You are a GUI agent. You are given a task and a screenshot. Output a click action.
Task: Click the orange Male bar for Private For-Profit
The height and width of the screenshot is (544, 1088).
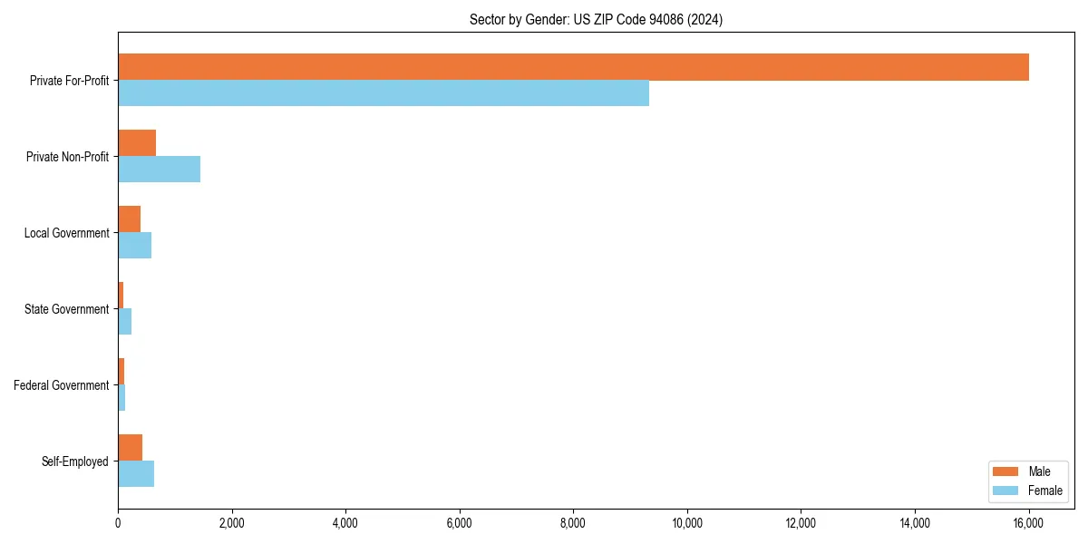click(573, 67)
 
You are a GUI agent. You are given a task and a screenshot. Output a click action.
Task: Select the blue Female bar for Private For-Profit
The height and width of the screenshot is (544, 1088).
click(384, 93)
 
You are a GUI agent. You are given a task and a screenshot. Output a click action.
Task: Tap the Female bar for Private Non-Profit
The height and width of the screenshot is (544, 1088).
click(159, 170)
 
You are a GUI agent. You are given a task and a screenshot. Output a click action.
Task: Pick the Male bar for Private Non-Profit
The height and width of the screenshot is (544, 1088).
click(137, 143)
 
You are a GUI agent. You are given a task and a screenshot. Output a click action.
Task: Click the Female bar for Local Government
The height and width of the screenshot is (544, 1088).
click(134, 246)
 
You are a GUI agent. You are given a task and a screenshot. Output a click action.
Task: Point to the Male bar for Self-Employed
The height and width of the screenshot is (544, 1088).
click(130, 448)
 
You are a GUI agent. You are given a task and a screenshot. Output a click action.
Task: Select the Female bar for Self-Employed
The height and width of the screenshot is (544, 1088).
click(136, 474)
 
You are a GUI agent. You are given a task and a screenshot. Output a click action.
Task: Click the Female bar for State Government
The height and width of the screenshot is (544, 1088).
click(125, 322)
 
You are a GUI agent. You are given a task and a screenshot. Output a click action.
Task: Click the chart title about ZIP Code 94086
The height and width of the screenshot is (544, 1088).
click(596, 19)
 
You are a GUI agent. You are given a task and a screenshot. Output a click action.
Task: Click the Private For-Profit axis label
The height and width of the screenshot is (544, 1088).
click(69, 81)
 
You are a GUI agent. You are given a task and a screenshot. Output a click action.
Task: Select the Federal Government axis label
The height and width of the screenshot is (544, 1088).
click(62, 385)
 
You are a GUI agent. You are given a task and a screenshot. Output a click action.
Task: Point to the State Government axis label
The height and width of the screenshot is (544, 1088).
click(67, 309)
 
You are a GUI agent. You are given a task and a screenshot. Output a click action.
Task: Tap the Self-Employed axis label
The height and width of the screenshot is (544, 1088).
click(75, 461)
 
